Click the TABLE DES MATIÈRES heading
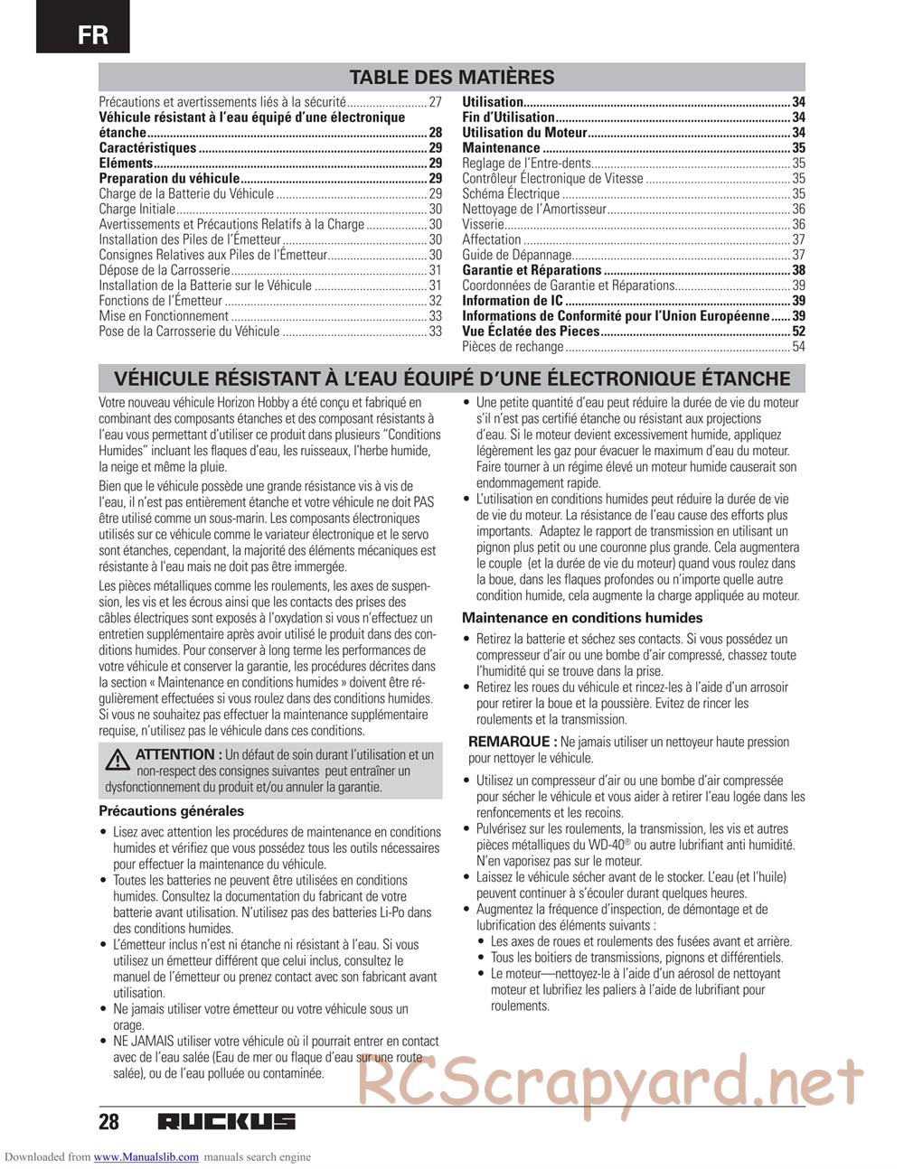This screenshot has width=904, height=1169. pos(451,77)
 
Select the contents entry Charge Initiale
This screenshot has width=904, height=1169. pos(137,209)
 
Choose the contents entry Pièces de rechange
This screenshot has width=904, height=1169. pos(513,347)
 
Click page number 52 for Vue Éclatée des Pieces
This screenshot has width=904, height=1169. pos(798,332)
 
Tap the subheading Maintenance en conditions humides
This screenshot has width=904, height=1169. pos(582,618)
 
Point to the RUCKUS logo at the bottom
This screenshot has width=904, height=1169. pos(226,1122)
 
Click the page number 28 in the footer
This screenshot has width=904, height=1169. pos(108,1122)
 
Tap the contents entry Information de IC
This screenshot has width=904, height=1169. pos(513,301)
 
